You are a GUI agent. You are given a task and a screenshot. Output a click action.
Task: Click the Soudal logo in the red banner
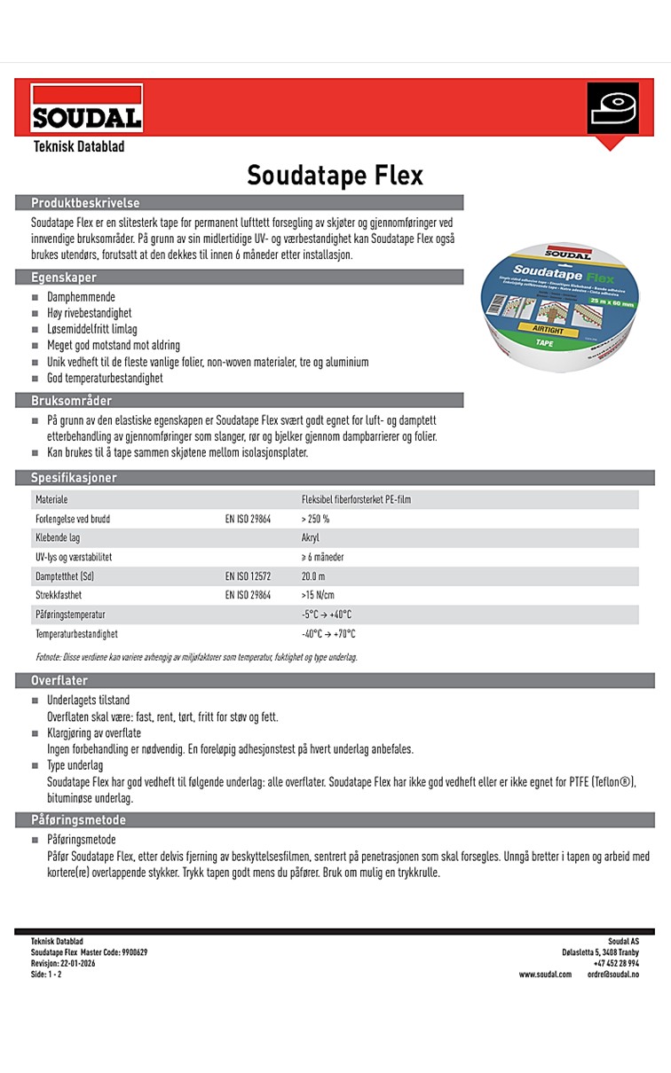(x=87, y=108)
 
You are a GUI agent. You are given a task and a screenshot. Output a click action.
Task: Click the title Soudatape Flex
(x=335, y=175)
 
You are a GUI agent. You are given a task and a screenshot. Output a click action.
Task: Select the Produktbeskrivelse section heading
(x=85, y=203)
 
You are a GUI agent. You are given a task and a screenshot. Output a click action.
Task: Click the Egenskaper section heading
(x=64, y=278)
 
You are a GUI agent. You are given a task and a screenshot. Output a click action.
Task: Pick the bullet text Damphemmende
(x=81, y=297)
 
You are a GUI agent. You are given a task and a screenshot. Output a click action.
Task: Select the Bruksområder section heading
(x=73, y=401)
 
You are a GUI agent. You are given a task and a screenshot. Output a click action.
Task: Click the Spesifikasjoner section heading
(x=74, y=478)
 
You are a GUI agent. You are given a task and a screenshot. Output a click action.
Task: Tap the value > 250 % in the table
(x=315, y=519)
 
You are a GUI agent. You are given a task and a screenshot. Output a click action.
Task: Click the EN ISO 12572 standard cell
(x=248, y=576)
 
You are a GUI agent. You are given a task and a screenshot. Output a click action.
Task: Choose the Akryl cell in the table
(x=310, y=538)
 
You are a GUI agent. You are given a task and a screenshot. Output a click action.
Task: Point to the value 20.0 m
(x=313, y=576)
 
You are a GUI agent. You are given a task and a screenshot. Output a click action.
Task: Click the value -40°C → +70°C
(x=328, y=634)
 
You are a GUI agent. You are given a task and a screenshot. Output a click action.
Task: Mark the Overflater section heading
(x=59, y=680)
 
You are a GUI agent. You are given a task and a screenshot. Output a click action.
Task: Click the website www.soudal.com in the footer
(x=545, y=974)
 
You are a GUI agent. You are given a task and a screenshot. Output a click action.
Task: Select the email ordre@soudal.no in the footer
(x=612, y=974)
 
